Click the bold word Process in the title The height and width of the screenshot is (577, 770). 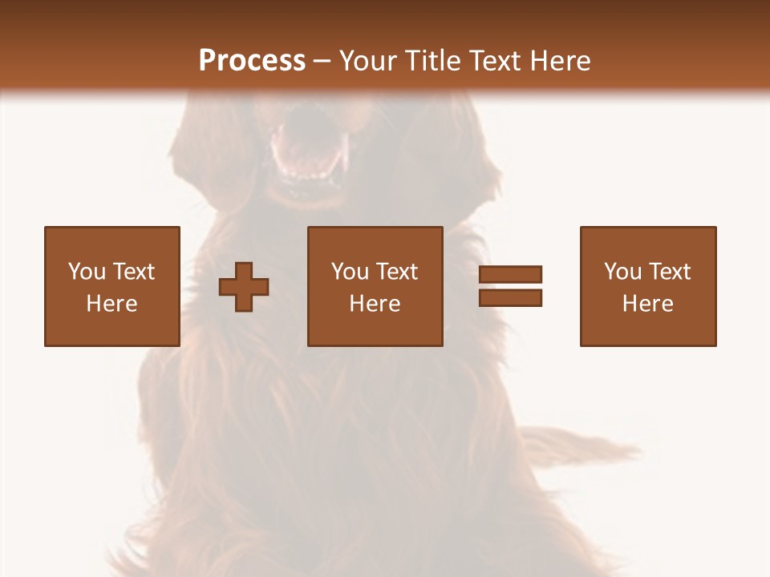click(x=252, y=61)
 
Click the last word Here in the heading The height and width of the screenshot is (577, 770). click(x=559, y=61)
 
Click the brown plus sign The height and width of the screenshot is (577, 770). click(x=244, y=287)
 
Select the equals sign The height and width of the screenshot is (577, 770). click(x=510, y=286)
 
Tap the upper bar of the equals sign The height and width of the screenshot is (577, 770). click(x=510, y=275)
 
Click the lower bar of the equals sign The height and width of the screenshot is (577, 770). click(x=510, y=297)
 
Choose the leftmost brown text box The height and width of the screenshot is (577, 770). click(x=111, y=286)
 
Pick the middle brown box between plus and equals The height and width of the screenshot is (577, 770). click(x=375, y=286)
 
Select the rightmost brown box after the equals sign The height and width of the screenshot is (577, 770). click(x=647, y=286)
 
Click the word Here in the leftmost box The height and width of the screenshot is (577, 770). click(x=111, y=304)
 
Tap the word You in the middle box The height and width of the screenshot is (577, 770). click(x=350, y=272)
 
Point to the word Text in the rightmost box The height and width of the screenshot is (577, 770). click(x=671, y=272)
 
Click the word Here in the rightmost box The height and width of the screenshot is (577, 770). click(x=647, y=304)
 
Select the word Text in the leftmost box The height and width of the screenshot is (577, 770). click(x=134, y=272)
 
